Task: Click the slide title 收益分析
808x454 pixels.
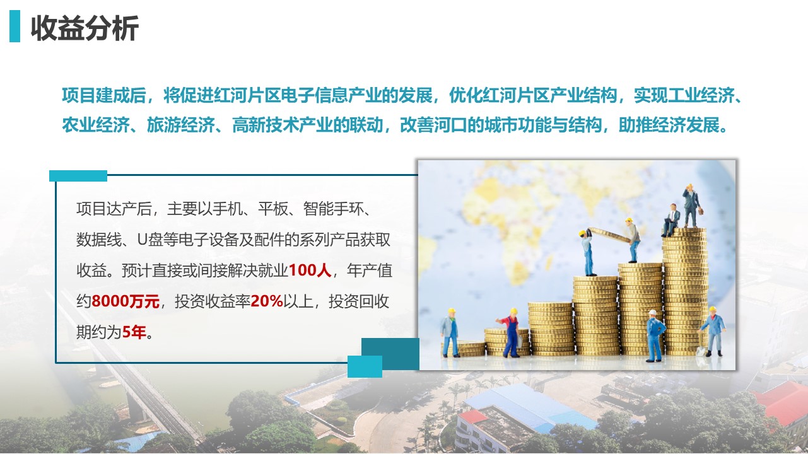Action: (x=85, y=28)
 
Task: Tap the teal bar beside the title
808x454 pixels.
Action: (x=15, y=26)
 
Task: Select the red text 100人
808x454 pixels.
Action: (x=310, y=270)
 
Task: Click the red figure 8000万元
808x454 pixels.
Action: (x=126, y=301)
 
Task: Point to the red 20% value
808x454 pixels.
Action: (x=267, y=301)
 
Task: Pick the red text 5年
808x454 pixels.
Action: (x=134, y=332)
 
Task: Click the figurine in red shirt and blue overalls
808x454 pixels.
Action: (x=510, y=332)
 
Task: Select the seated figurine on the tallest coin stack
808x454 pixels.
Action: (x=671, y=219)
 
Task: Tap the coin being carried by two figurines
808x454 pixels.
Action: (x=609, y=235)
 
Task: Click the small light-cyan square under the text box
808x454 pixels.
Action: (x=365, y=366)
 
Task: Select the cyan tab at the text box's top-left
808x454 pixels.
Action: (x=78, y=176)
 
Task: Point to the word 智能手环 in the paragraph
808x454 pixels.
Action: (x=333, y=209)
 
